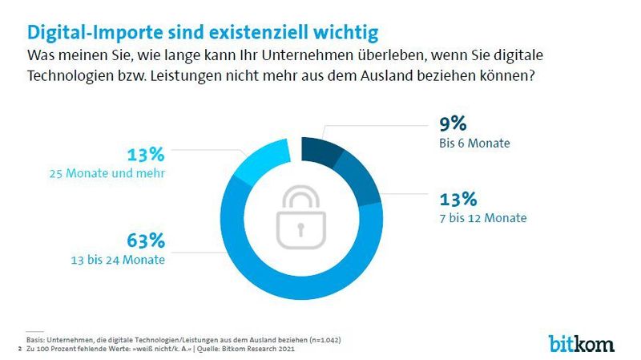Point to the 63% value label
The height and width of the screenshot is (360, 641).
(147, 240)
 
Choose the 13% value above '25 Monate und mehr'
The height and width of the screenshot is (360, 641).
(147, 154)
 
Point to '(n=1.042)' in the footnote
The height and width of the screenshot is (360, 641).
(319, 340)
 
